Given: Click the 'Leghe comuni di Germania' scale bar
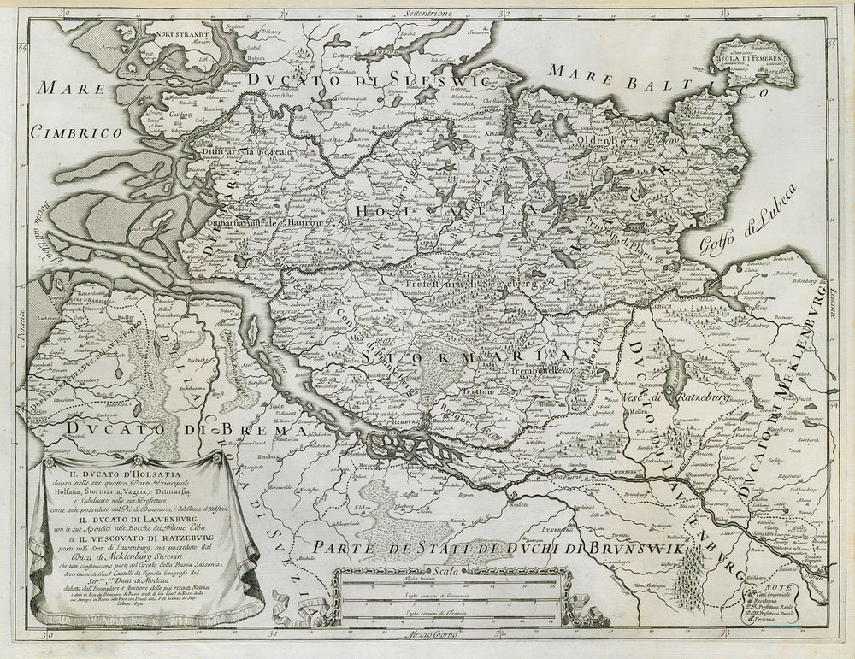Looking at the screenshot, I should [x=444, y=601].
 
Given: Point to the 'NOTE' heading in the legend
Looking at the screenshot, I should [x=787, y=586].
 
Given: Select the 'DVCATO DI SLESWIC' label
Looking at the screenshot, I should [x=368, y=80].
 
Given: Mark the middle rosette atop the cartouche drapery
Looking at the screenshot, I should [x=129, y=456].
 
